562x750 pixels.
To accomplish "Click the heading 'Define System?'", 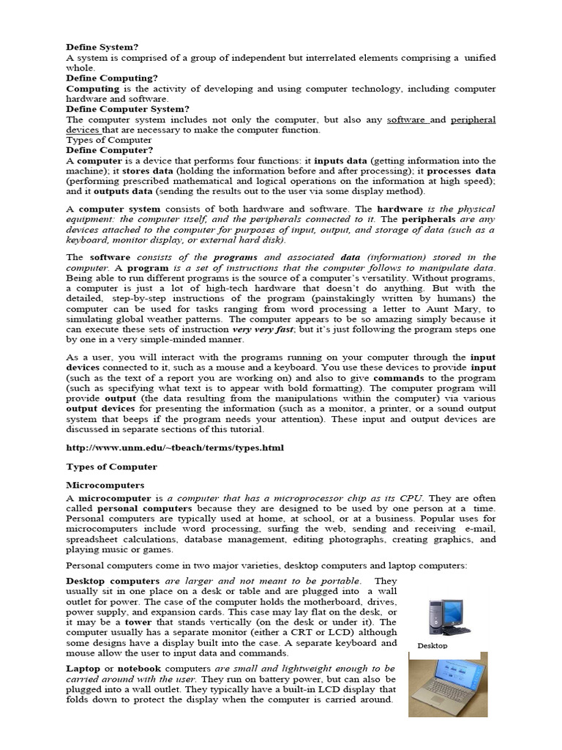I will coord(102,47).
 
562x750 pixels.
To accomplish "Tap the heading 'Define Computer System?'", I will coord(127,108).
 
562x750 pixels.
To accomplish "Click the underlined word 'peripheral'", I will coord(473,119).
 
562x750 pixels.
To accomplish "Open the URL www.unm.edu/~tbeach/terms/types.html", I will coord(174,448).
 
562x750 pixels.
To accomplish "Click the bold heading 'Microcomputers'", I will coord(106,485).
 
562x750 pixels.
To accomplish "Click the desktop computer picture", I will coord(448,615).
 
